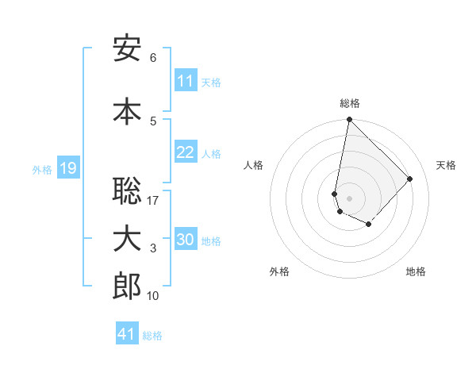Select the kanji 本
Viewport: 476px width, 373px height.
127,110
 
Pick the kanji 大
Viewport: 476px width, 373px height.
127,239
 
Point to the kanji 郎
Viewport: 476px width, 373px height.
127,286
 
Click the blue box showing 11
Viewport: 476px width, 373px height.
186,81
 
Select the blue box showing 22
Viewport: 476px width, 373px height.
186,152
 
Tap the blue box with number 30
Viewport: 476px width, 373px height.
186,240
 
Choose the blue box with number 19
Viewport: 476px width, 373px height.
67,168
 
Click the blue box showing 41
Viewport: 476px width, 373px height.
127,334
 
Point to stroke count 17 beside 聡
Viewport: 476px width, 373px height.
153,201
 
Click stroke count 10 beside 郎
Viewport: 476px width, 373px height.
153,296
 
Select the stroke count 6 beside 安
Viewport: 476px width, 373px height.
153,58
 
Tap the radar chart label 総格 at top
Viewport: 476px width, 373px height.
350,103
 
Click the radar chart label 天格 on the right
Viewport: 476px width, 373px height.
446,165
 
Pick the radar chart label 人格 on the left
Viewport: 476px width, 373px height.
254,165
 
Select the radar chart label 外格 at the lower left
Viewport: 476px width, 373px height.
279,271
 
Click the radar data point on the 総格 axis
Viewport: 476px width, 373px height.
349,120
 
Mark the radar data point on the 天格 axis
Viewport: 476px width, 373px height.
410,179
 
